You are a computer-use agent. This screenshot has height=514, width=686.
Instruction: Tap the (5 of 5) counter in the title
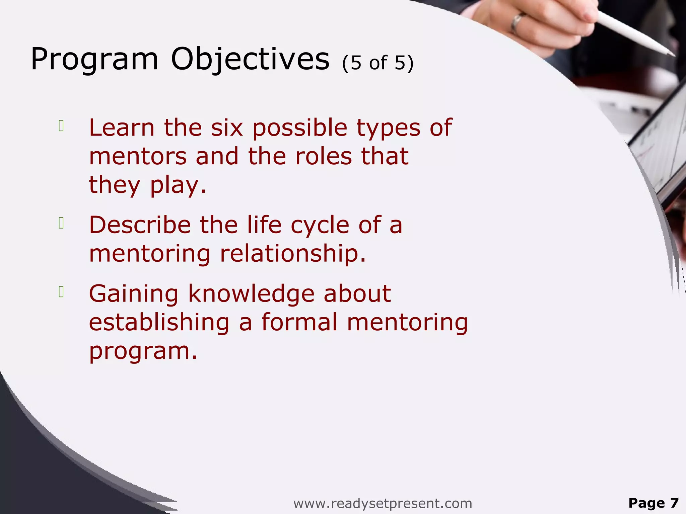[378, 63]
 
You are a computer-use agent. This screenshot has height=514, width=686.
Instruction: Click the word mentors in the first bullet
[138, 157]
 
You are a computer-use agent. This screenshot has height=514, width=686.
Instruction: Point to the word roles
[324, 157]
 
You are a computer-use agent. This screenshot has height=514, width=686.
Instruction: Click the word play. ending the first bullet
[178, 186]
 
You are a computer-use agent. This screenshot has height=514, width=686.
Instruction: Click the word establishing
[159, 323]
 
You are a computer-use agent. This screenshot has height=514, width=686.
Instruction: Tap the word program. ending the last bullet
[143, 351]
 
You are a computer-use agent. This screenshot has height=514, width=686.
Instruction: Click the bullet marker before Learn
[61, 126]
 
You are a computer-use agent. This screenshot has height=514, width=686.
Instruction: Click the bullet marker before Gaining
[61, 292]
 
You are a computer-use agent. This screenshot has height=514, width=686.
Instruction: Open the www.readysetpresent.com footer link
[383, 503]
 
